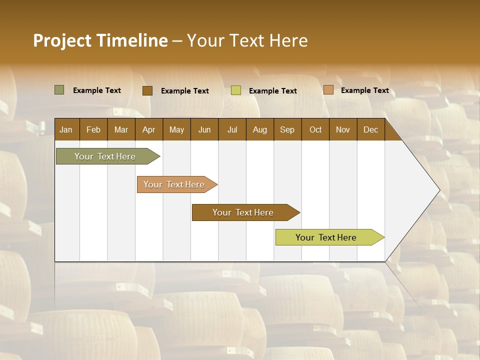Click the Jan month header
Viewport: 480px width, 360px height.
(x=66, y=129)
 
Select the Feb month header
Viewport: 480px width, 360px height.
(x=93, y=129)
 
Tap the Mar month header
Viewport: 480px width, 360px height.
(x=121, y=129)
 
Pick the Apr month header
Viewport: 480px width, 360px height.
(x=148, y=129)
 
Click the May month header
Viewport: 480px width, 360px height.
(x=176, y=129)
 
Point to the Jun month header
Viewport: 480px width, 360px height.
(x=204, y=129)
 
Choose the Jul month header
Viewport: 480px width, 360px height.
(x=232, y=129)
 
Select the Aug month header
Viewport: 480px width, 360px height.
(x=259, y=129)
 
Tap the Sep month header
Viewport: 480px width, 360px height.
(x=287, y=129)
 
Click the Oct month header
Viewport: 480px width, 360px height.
(x=315, y=129)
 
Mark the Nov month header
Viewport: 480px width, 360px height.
(x=343, y=129)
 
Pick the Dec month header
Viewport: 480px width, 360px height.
(x=370, y=129)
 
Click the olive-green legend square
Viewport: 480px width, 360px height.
(x=59, y=90)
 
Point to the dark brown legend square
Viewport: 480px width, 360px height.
(x=147, y=90)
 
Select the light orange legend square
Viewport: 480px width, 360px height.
(x=328, y=90)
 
